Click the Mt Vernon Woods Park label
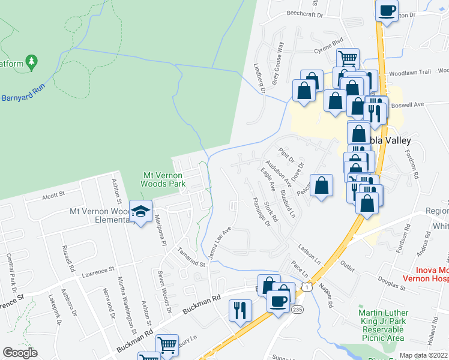164,180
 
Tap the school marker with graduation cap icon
140,211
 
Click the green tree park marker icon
32,61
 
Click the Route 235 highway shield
297,310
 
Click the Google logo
20,353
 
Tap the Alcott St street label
53,195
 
